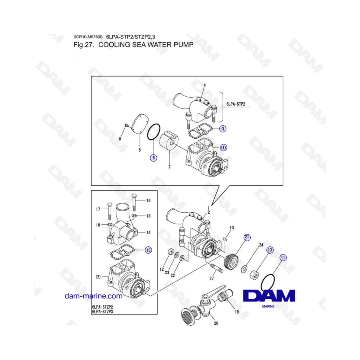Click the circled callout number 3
pos(224,128)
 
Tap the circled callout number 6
pos(154,158)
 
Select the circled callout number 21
pos(247,237)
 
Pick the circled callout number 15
pos(148,250)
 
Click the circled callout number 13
pos(270,250)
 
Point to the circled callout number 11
pos(283,258)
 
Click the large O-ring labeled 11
pos(268,282)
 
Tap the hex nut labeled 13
pos(254,275)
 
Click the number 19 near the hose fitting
pos(237,311)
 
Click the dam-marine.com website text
pos(93,296)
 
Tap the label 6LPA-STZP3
pos(103,312)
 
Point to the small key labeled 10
pos(225,239)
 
